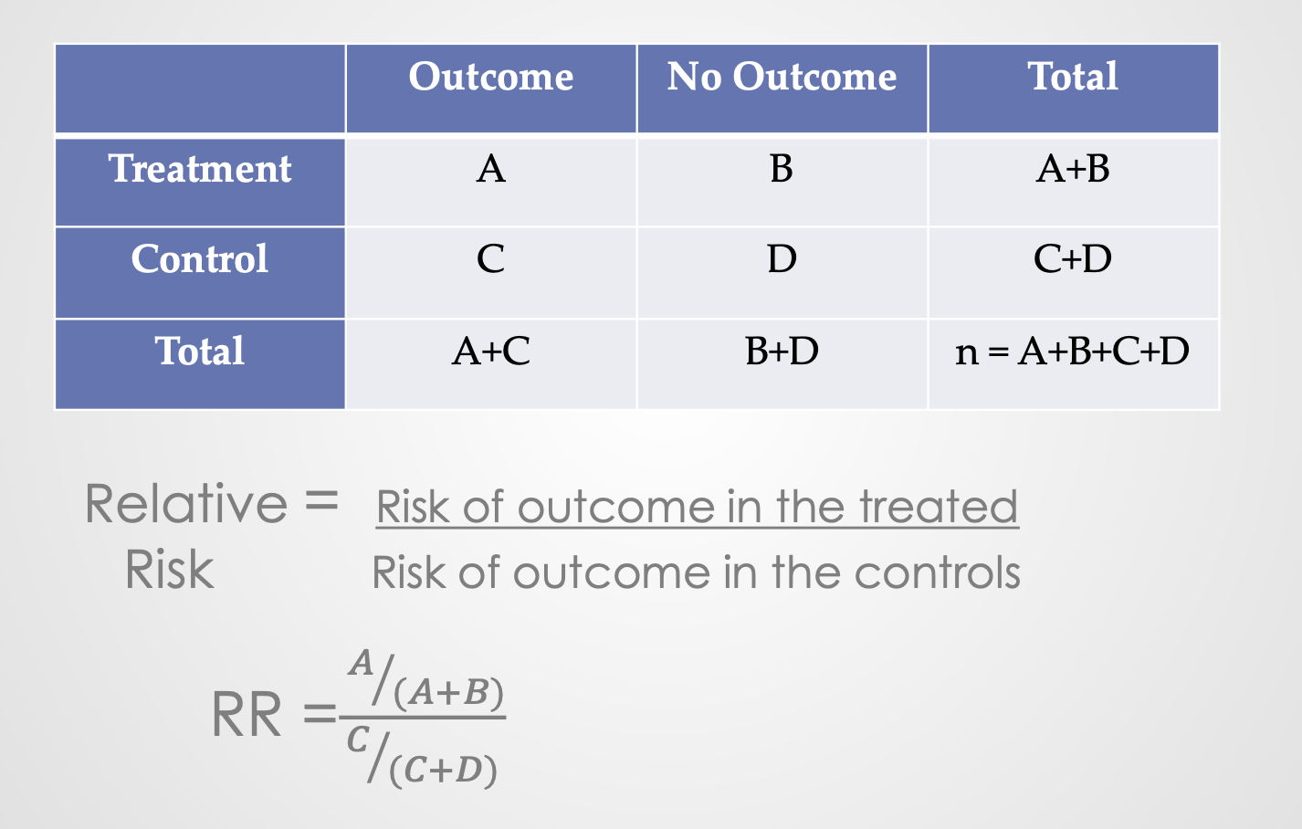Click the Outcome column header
point(491,77)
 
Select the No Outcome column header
point(782,77)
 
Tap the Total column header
point(1073,77)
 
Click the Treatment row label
point(200,169)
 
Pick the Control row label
point(200,259)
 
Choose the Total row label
point(200,352)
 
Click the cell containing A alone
point(491,169)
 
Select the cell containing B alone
point(782,169)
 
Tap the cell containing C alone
point(491,259)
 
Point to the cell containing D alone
point(782,259)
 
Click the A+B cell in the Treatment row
point(1073,169)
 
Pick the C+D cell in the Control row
point(1073,259)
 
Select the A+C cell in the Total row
point(491,352)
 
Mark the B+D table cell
point(782,352)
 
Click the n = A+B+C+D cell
point(1073,352)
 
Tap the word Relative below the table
point(186,504)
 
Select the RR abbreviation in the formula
point(247,715)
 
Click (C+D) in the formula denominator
point(444,771)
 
